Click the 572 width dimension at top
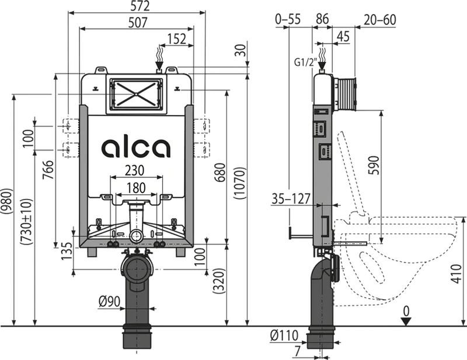pyautogui.click(x=140, y=6)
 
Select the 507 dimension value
pyautogui.click(x=138, y=23)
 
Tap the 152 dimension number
pyautogui.click(x=176, y=39)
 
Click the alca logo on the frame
pyautogui.click(x=136, y=148)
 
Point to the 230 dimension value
pyautogui.click(x=135, y=171)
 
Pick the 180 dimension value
pyautogui.click(x=135, y=188)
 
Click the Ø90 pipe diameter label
pyautogui.click(x=110, y=302)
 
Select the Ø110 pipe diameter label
pyautogui.click(x=284, y=335)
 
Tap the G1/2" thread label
pyautogui.click(x=305, y=63)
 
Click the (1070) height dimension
pyautogui.click(x=240, y=183)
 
